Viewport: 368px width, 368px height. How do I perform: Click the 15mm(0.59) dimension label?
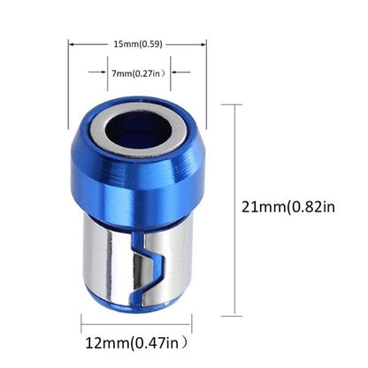point(137,42)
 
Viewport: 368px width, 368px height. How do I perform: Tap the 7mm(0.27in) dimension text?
point(138,73)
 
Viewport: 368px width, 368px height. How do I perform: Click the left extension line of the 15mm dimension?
point(69,80)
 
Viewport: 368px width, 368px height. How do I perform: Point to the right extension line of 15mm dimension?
point(206,80)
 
